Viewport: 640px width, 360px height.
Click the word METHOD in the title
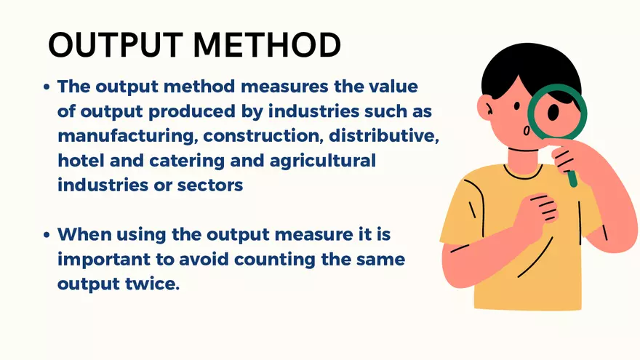coord(266,44)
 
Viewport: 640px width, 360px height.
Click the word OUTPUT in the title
coord(116,44)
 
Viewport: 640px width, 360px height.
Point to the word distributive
coord(384,135)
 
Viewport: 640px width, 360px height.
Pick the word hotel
coord(81,160)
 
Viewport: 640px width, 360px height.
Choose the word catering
coord(187,161)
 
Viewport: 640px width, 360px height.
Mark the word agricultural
coord(322,161)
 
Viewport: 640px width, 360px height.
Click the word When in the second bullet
coord(84,234)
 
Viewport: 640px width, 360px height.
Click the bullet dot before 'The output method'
coord(47,87)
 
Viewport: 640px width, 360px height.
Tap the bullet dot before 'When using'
coord(47,235)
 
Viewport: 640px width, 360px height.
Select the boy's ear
coord(486,108)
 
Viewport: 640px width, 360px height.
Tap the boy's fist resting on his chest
coord(537,212)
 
